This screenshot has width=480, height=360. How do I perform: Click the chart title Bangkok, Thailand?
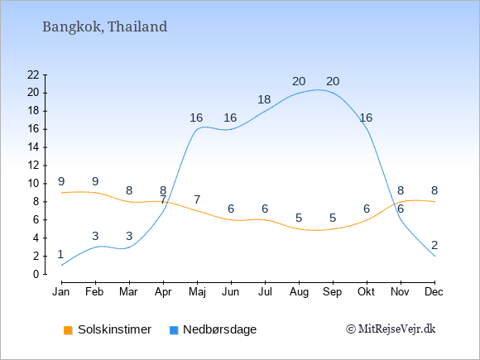pyautogui.click(x=105, y=26)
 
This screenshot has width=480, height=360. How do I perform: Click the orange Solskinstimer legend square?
pyautogui.click(x=68, y=330)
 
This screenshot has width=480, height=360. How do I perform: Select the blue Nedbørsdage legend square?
pyautogui.click(x=174, y=330)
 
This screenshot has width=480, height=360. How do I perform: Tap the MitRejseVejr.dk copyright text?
pyautogui.click(x=391, y=329)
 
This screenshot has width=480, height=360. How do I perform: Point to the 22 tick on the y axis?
pyautogui.click(x=33, y=74)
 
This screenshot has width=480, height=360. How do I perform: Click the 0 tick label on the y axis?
pyautogui.click(x=36, y=274)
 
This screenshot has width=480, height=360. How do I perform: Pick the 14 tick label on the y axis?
pyautogui.click(x=33, y=147)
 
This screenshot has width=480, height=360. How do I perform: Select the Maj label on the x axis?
pyautogui.click(x=197, y=292)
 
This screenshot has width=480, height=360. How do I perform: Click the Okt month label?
pyautogui.click(x=367, y=292)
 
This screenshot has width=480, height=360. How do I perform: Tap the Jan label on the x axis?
pyautogui.click(x=61, y=292)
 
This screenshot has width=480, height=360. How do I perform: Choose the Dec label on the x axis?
pyautogui.click(x=434, y=292)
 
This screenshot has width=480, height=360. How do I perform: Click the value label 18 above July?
pyautogui.click(x=264, y=99)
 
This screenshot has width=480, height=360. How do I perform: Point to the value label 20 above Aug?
pyautogui.click(x=299, y=81)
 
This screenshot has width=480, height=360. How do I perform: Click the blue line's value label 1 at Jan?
pyautogui.click(x=60, y=254)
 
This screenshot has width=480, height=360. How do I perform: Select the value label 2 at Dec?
pyautogui.click(x=434, y=245)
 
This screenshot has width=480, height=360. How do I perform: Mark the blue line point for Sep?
pyautogui.click(x=333, y=93)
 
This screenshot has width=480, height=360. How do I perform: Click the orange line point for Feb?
pyautogui.click(x=95, y=193)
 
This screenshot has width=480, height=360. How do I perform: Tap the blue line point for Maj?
pyautogui.click(x=197, y=129)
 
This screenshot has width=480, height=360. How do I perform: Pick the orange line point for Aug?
pyautogui.click(x=299, y=228)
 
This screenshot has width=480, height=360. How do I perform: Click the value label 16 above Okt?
pyautogui.click(x=366, y=118)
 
